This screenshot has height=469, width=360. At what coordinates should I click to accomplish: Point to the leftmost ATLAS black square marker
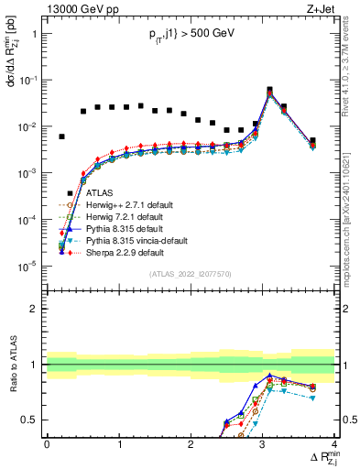pos(61,136)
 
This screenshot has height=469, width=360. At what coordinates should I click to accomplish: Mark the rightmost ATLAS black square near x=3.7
pos(312,141)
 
